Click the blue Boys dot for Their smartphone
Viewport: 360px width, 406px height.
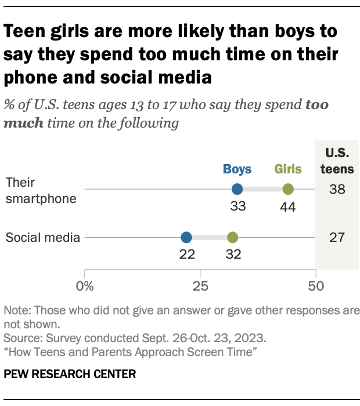pos(237,189)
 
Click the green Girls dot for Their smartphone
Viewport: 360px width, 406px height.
pos(288,189)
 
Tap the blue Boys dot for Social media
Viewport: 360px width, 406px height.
pos(186,237)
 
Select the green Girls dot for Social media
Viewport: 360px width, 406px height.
pos(232,237)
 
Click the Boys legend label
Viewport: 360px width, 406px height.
pos(237,169)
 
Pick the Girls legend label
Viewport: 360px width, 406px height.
pos(288,169)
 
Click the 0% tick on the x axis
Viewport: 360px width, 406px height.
pos(85,285)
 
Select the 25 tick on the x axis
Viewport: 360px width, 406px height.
pos(200,285)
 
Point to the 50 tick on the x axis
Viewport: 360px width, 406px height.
pos(315,285)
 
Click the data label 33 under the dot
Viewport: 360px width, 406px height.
pos(237,206)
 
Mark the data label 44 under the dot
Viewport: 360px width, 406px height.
pos(288,206)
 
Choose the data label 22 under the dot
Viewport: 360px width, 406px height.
pos(186,254)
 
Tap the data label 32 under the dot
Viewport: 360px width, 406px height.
pos(232,254)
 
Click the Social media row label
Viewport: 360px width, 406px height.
pos(42,237)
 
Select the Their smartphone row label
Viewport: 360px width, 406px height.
pos(41,190)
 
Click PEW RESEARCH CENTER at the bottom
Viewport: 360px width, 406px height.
pos(70,374)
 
